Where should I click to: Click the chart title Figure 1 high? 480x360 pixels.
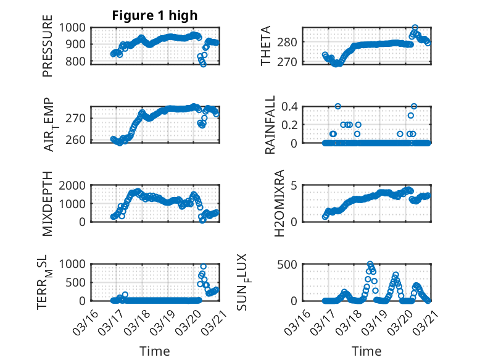pos(154,15)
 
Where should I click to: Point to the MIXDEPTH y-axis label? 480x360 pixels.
pos(48,204)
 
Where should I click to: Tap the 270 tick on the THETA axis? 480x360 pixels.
pos(290,62)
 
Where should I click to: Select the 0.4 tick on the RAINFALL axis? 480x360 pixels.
pos(290,106)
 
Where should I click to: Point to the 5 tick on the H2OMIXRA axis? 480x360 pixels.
pos(295,185)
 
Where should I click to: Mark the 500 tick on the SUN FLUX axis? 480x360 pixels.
pos(290,264)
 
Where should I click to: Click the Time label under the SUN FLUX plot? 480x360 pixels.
pos(366,351)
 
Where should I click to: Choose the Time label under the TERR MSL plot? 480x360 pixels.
pos(155,351)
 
